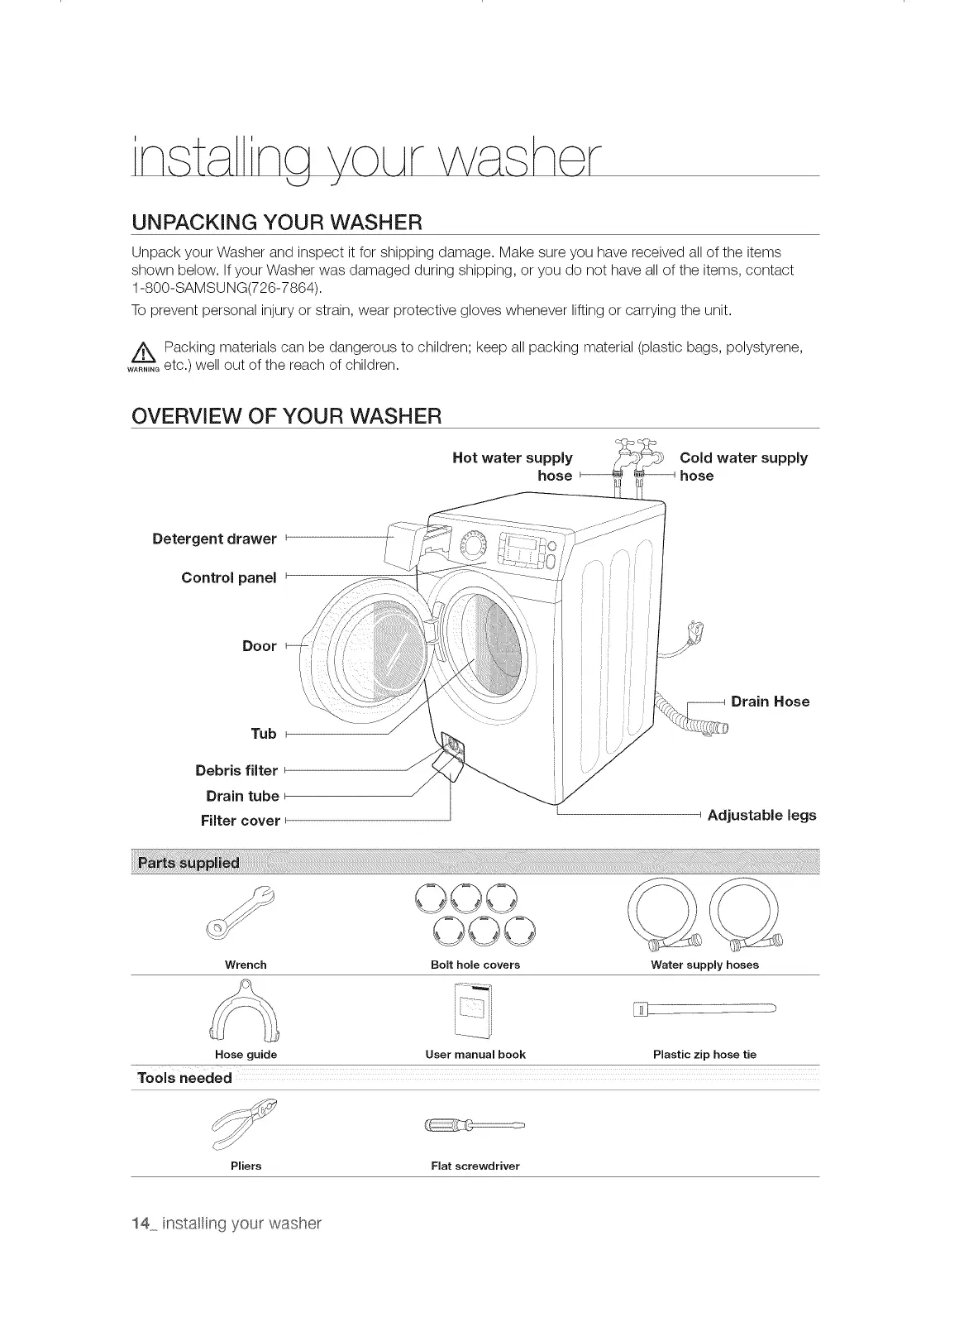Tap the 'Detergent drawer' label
pos(214,539)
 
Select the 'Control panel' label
pos(228,577)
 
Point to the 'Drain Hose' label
pos(770,702)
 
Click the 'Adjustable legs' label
pos(761,816)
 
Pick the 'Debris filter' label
pos(236,770)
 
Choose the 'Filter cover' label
pos(240,821)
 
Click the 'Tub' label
pos(263,734)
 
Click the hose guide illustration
pos(246,1013)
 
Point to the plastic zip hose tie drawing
pos(704,1008)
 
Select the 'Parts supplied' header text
pos(189,864)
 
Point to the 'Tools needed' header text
pos(184,1078)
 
